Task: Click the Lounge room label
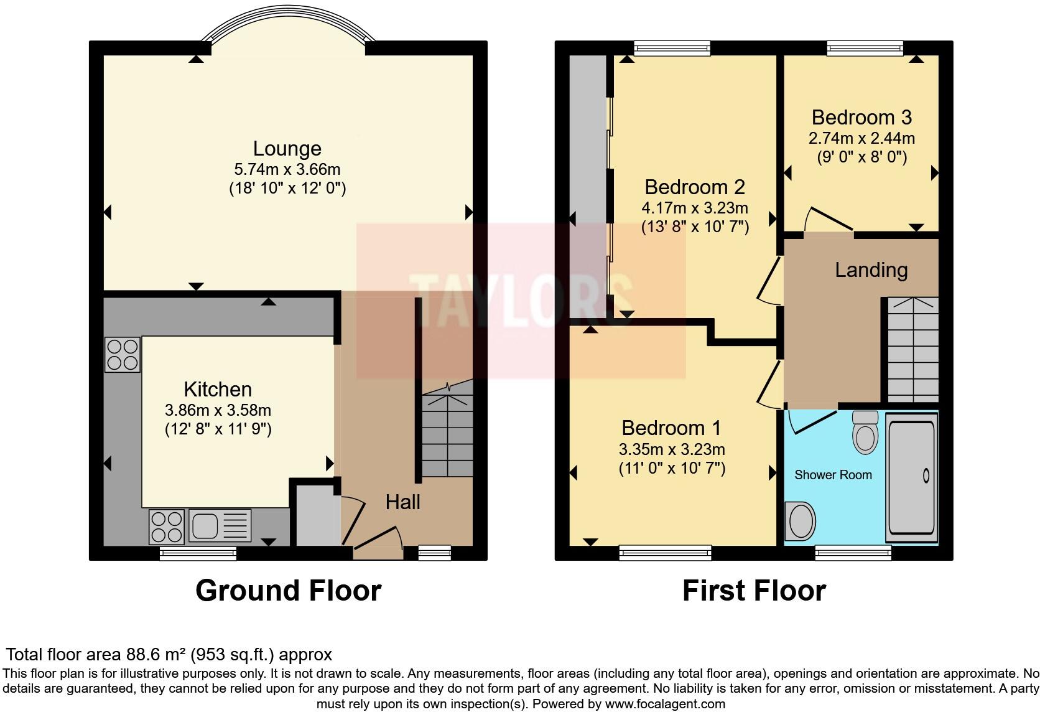[287, 149]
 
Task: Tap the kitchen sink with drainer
[220, 525]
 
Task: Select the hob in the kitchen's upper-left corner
[122, 354]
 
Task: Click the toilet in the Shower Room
[865, 431]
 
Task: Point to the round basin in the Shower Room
[800, 520]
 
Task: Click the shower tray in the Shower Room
[911, 478]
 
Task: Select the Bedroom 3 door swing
[827, 220]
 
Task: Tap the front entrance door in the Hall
[378, 539]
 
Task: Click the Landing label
[871, 270]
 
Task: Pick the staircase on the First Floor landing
[912, 350]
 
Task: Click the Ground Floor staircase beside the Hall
[447, 436]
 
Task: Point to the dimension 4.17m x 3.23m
[695, 208]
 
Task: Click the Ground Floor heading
[288, 590]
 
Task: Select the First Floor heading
[754, 590]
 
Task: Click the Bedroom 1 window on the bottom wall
[665, 551]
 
